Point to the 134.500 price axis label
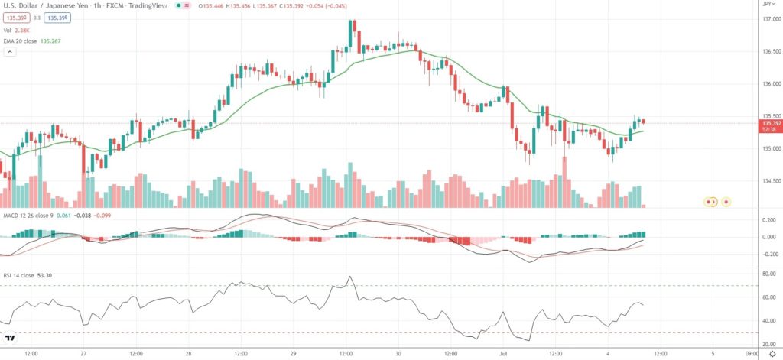click(767, 182)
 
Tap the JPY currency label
click(768, 5)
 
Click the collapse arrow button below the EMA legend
click(11, 52)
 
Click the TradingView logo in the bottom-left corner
click(11, 339)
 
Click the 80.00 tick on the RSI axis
click(765, 274)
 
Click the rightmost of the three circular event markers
click(726, 202)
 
